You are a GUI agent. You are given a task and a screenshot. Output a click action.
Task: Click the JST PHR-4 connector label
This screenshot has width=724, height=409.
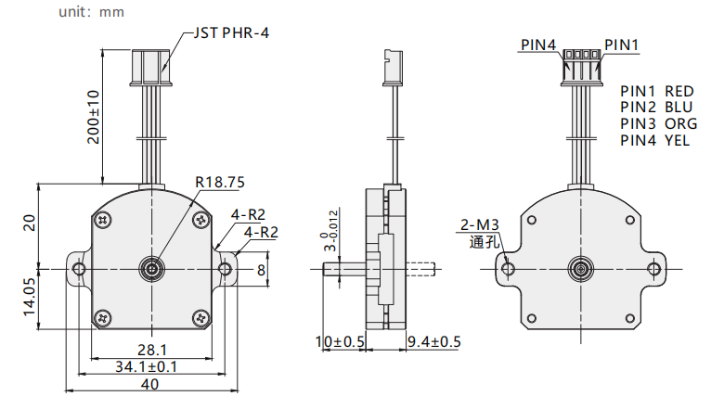[x=231, y=32]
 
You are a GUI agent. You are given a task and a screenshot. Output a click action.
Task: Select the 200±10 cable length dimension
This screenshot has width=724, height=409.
[x=94, y=117]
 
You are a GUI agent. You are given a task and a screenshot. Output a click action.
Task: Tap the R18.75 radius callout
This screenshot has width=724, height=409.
[x=220, y=182]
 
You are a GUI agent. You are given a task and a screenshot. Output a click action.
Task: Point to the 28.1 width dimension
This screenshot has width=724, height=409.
[x=152, y=350]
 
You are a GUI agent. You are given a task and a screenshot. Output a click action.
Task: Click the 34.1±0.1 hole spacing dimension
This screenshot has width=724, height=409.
[x=147, y=366]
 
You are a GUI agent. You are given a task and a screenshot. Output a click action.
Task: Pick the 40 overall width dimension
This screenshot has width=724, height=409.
[x=150, y=384]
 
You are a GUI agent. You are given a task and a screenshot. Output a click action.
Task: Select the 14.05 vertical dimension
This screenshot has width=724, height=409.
[x=30, y=297]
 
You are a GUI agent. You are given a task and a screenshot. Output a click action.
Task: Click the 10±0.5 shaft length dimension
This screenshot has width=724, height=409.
[x=340, y=341]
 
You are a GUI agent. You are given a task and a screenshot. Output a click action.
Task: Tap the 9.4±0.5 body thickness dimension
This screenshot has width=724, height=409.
[x=434, y=341]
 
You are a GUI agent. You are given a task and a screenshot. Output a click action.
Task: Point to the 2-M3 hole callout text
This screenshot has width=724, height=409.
[x=480, y=224]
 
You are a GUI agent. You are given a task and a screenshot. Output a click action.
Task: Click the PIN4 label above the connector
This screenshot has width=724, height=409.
[x=538, y=45]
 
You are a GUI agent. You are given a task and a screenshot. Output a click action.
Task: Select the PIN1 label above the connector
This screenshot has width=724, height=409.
[x=622, y=45]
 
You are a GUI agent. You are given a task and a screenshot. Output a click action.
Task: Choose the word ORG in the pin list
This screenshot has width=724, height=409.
[x=681, y=123]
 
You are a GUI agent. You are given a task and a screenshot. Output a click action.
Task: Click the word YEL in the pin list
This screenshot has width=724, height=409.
[x=678, y=140]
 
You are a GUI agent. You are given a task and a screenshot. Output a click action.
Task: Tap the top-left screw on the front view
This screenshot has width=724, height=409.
[x=103, y=220]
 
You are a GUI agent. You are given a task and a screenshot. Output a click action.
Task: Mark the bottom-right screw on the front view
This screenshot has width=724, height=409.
[x=200, y=318]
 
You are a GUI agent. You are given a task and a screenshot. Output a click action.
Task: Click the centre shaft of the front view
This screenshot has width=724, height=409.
[x=152, y=269]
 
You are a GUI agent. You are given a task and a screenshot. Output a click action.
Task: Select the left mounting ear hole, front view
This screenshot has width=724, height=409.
[x=80, y=269]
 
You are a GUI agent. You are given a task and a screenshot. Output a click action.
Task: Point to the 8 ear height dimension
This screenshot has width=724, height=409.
[x=262, y=270]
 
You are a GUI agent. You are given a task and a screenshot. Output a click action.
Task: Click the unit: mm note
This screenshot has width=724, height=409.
[x=91, y=11]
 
